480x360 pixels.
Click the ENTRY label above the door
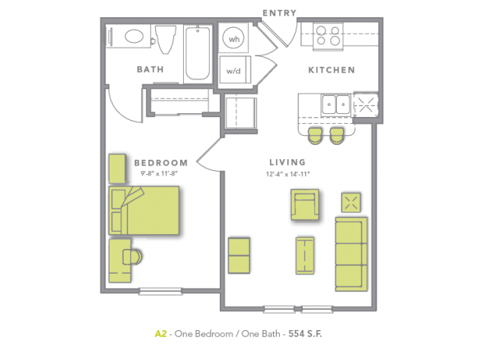[x=280, y=13]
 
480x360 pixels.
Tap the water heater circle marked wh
[x=234, y=38]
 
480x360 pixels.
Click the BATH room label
[x=150, y=69]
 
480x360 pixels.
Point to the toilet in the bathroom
[x=166, y=39]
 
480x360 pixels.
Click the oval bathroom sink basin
[x=134, y=37]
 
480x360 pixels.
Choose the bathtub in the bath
[x=198, y=52]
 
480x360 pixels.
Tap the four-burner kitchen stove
[x=328, y=35]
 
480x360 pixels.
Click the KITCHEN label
[x=331, y=70]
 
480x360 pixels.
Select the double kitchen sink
[x=336, y=105]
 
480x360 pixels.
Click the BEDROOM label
[x=160, y=163]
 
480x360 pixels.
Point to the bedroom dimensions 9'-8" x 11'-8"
[x=159, y=173]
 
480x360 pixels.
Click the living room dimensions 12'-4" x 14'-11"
[x=288, y=174]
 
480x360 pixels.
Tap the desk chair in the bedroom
[x=132, y=256]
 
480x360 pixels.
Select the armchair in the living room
[x=304, y=205]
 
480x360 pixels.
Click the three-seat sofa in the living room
[x=351, y=254]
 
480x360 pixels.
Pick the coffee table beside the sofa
[x=305, y=255]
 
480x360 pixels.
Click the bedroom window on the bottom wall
[x=160, y=291]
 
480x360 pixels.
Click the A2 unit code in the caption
[x=160, y=333]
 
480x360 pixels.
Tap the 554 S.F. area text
[x=305, y=333]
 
